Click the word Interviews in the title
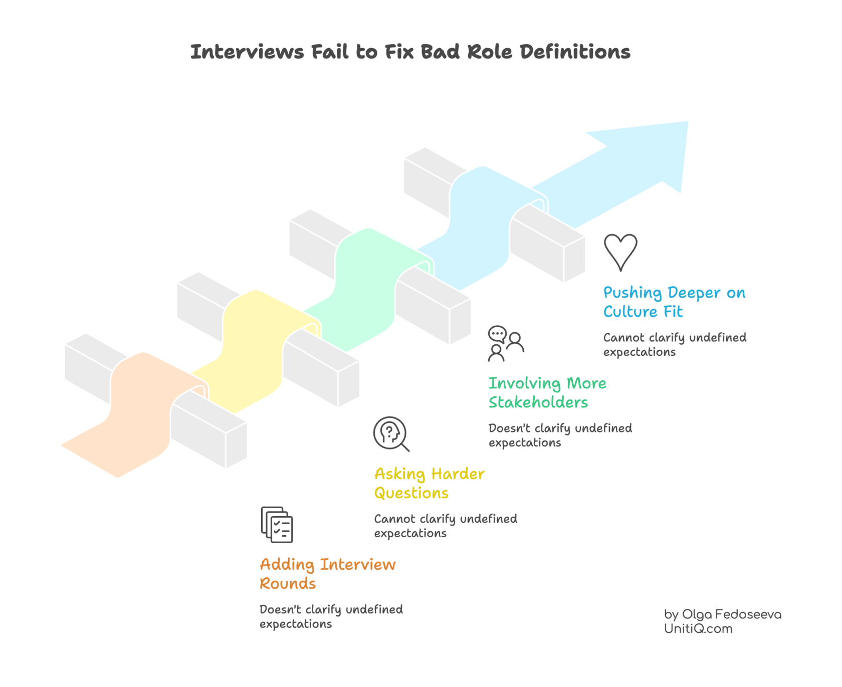(x=247, y=52)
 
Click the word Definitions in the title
(x=575, y=52)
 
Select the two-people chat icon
(x=506, y=344)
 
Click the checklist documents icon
(x=277, y=525)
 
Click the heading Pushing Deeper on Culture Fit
(x=674, y=302)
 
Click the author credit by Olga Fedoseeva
(x=723, y=614)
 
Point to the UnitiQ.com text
(x=698, y=629)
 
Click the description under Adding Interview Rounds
(x=331, y=617)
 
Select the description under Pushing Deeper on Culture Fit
(x=674, y=345)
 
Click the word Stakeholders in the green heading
(x=538, y=402)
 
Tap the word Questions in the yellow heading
(x=411, y=494)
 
